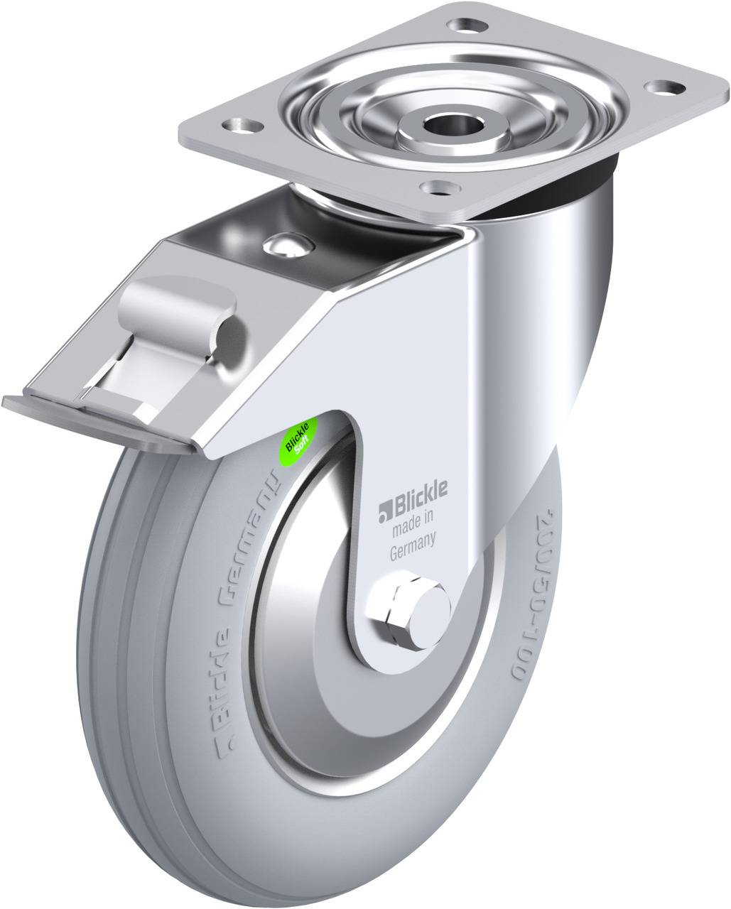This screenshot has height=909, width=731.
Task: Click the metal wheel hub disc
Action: click(313, 639)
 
